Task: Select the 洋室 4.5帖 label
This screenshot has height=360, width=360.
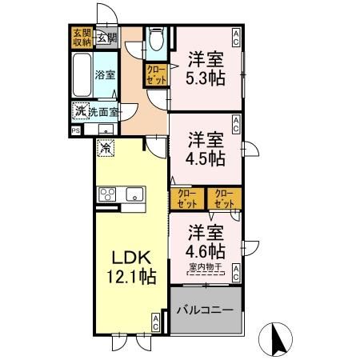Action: [x=205, y=148]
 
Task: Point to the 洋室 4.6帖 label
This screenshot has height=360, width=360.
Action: [x=206, y=240]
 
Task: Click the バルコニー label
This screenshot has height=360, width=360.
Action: [x=204, y=309]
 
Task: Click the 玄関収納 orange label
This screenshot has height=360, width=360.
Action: [x=82, y=38]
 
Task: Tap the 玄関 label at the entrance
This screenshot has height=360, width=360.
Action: [x=107, y=37]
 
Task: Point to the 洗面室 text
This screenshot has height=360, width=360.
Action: [x=103, y=111]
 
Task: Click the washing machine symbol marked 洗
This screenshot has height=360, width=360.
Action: [x=80, y=111]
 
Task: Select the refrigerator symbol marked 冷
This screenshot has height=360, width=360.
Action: [x=106, y=147]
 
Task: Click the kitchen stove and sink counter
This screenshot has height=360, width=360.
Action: [x=120, y=194]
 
